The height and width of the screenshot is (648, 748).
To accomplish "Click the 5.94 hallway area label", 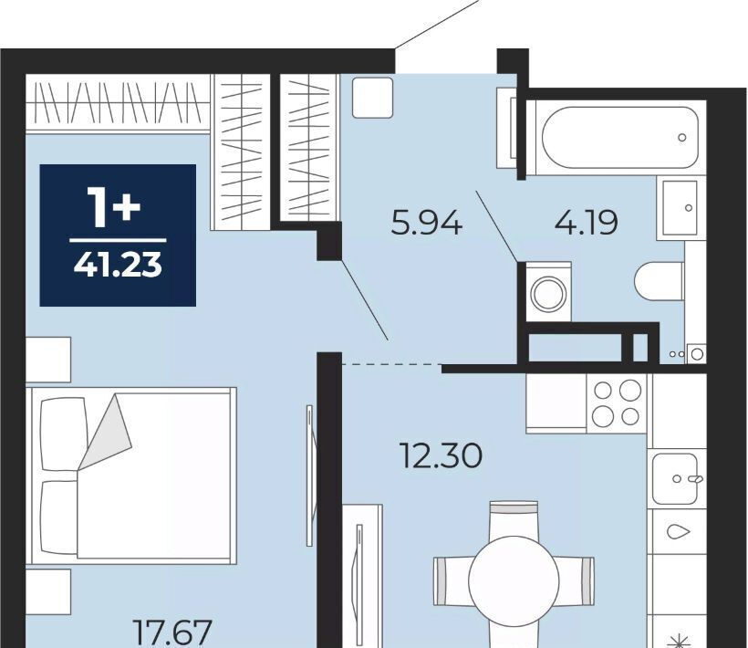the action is [x=426, y=224].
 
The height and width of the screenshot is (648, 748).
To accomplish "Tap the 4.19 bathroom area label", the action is [x=586, y=223].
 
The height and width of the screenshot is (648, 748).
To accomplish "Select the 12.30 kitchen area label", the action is [x=442, y=455].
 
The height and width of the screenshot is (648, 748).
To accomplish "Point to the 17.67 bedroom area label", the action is [x=172, y=632].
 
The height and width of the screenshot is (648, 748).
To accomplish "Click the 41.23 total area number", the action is [x=118, y=266].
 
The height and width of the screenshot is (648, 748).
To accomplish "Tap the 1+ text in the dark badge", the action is [x=113, y=206].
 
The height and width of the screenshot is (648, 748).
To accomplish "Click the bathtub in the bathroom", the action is [x=619, y=138].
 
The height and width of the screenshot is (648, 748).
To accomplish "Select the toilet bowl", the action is [x=660, y=282].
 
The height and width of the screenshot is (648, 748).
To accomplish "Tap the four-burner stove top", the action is [x=616, y=403].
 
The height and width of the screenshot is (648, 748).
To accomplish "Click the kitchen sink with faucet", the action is [x=677, y=478].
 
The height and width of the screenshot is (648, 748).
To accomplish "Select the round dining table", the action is [x=514, y=580].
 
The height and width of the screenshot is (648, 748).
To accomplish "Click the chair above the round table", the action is [x=514, y=518].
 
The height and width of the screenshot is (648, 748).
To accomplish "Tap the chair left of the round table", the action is [x=452, y=580].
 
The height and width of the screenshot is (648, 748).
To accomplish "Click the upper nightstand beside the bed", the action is [x=48, y=360].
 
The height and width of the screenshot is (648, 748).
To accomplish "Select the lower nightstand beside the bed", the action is [x=48, y=591].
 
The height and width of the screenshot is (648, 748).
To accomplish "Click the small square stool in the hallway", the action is [x=372, y=98].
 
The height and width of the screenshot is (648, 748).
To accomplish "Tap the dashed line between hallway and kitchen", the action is [x=391, y=364].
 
